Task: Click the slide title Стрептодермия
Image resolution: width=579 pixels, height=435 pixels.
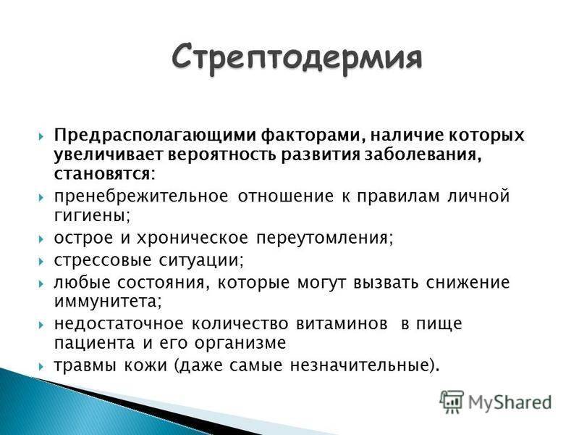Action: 297,58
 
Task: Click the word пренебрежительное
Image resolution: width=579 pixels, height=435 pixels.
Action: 141,196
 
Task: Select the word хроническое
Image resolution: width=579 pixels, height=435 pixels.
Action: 193,238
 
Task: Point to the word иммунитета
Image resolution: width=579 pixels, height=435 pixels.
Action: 108,302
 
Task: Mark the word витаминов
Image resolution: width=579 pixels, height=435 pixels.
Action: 342,324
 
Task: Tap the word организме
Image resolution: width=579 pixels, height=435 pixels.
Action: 240,343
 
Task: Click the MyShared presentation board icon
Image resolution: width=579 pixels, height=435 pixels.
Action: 451,402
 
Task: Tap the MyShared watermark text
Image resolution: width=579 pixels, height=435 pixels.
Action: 510,402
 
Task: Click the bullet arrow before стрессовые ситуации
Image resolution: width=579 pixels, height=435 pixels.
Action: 41,262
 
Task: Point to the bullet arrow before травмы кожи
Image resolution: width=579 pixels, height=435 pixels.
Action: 41,367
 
